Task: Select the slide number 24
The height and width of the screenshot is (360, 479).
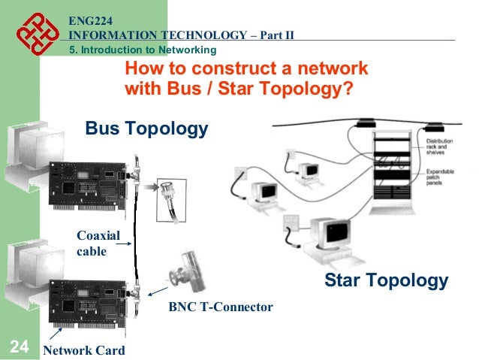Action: [x=19, y=346]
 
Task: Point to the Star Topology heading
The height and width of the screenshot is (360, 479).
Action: [x=386, y=281]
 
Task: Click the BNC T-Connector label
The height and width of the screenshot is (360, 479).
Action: [x=220, y=307]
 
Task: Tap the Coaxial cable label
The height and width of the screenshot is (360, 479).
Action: [x=94, y=244]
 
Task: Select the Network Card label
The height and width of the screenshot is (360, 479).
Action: [x=84, y=351]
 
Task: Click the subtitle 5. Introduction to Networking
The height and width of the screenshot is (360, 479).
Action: [x=143, y=50]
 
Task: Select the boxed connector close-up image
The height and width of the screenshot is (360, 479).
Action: [x=174, y=198]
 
